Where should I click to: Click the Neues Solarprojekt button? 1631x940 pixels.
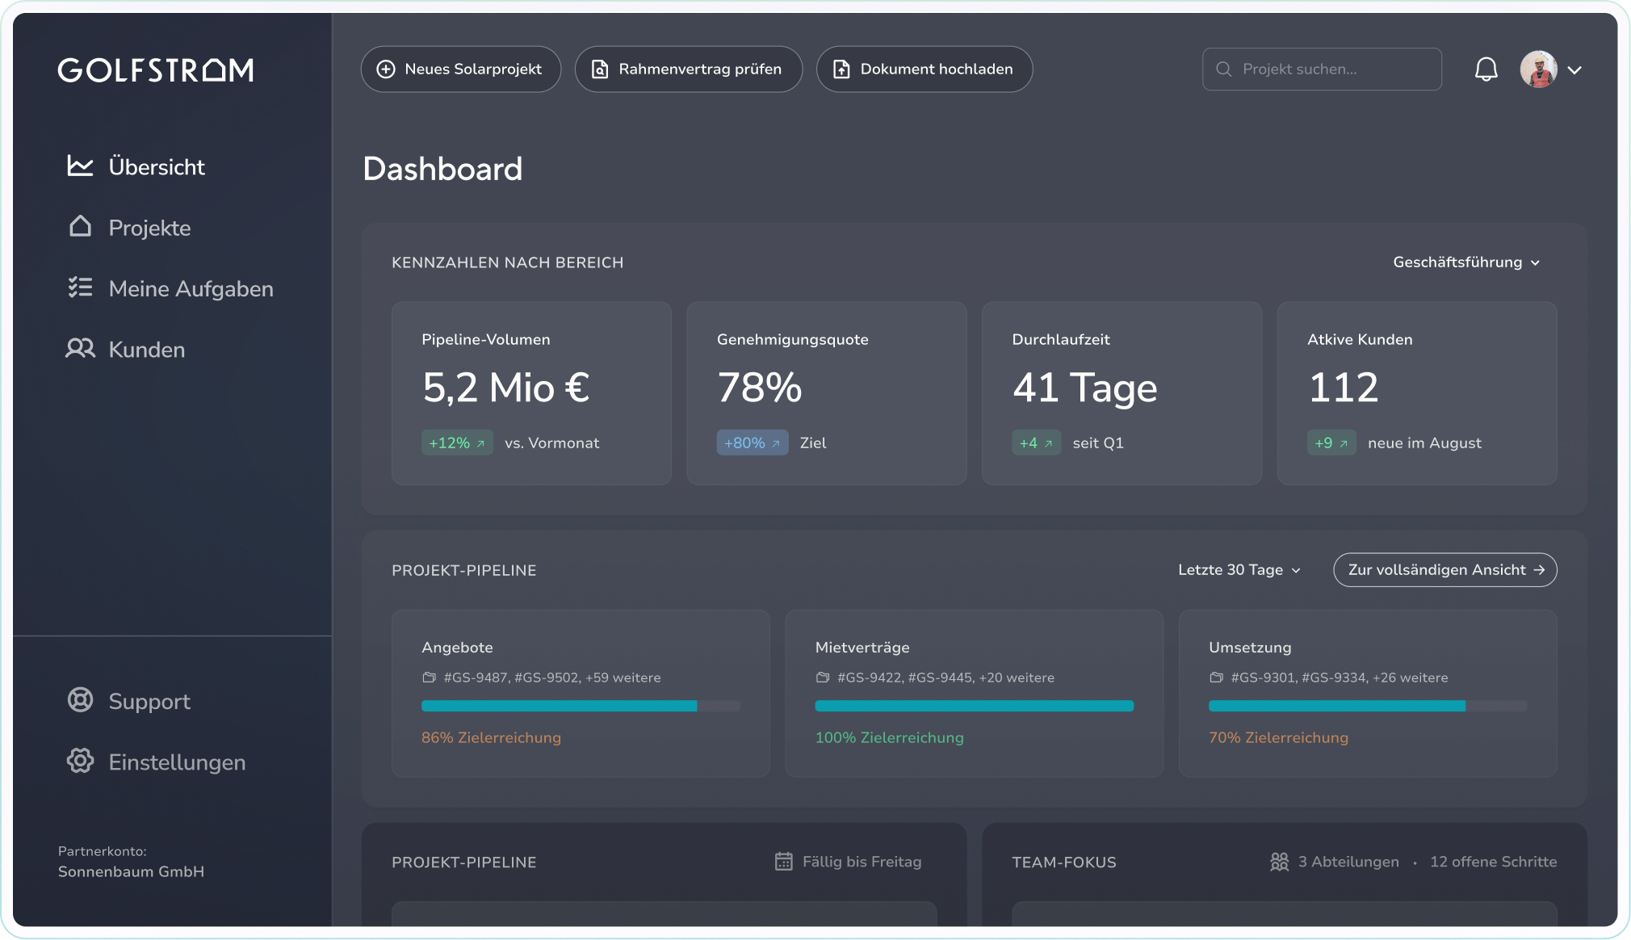coord(460,69)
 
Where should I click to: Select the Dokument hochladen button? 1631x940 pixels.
coord(924,69)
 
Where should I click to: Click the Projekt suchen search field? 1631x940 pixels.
coord(1323,69)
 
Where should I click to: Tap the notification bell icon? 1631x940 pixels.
coord(1486,69)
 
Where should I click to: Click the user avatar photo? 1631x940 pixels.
coord(1538,69)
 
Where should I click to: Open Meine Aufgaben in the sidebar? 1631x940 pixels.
coord(191,288)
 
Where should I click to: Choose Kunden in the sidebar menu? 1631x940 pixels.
coord(146,350)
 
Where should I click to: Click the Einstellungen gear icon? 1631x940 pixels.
coord(80,761)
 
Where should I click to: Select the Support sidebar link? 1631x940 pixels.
coord(149,701)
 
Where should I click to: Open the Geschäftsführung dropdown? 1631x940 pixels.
coord(1466,262)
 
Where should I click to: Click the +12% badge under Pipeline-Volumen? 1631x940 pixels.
coord(457,443)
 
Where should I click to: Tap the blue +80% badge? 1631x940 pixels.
coord(752,443)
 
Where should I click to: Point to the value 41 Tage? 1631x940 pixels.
coord(1084,388)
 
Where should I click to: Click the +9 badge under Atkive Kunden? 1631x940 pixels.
coord(1331,443)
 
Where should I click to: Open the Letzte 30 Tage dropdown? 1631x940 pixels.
coord(1239,570)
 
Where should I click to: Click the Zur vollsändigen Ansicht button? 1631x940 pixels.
coord(1444,570)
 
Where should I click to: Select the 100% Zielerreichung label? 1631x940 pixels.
coord(889,737)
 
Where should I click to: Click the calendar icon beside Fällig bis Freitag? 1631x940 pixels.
coord(783,862)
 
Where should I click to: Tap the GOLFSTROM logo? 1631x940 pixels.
coord(156,70)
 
